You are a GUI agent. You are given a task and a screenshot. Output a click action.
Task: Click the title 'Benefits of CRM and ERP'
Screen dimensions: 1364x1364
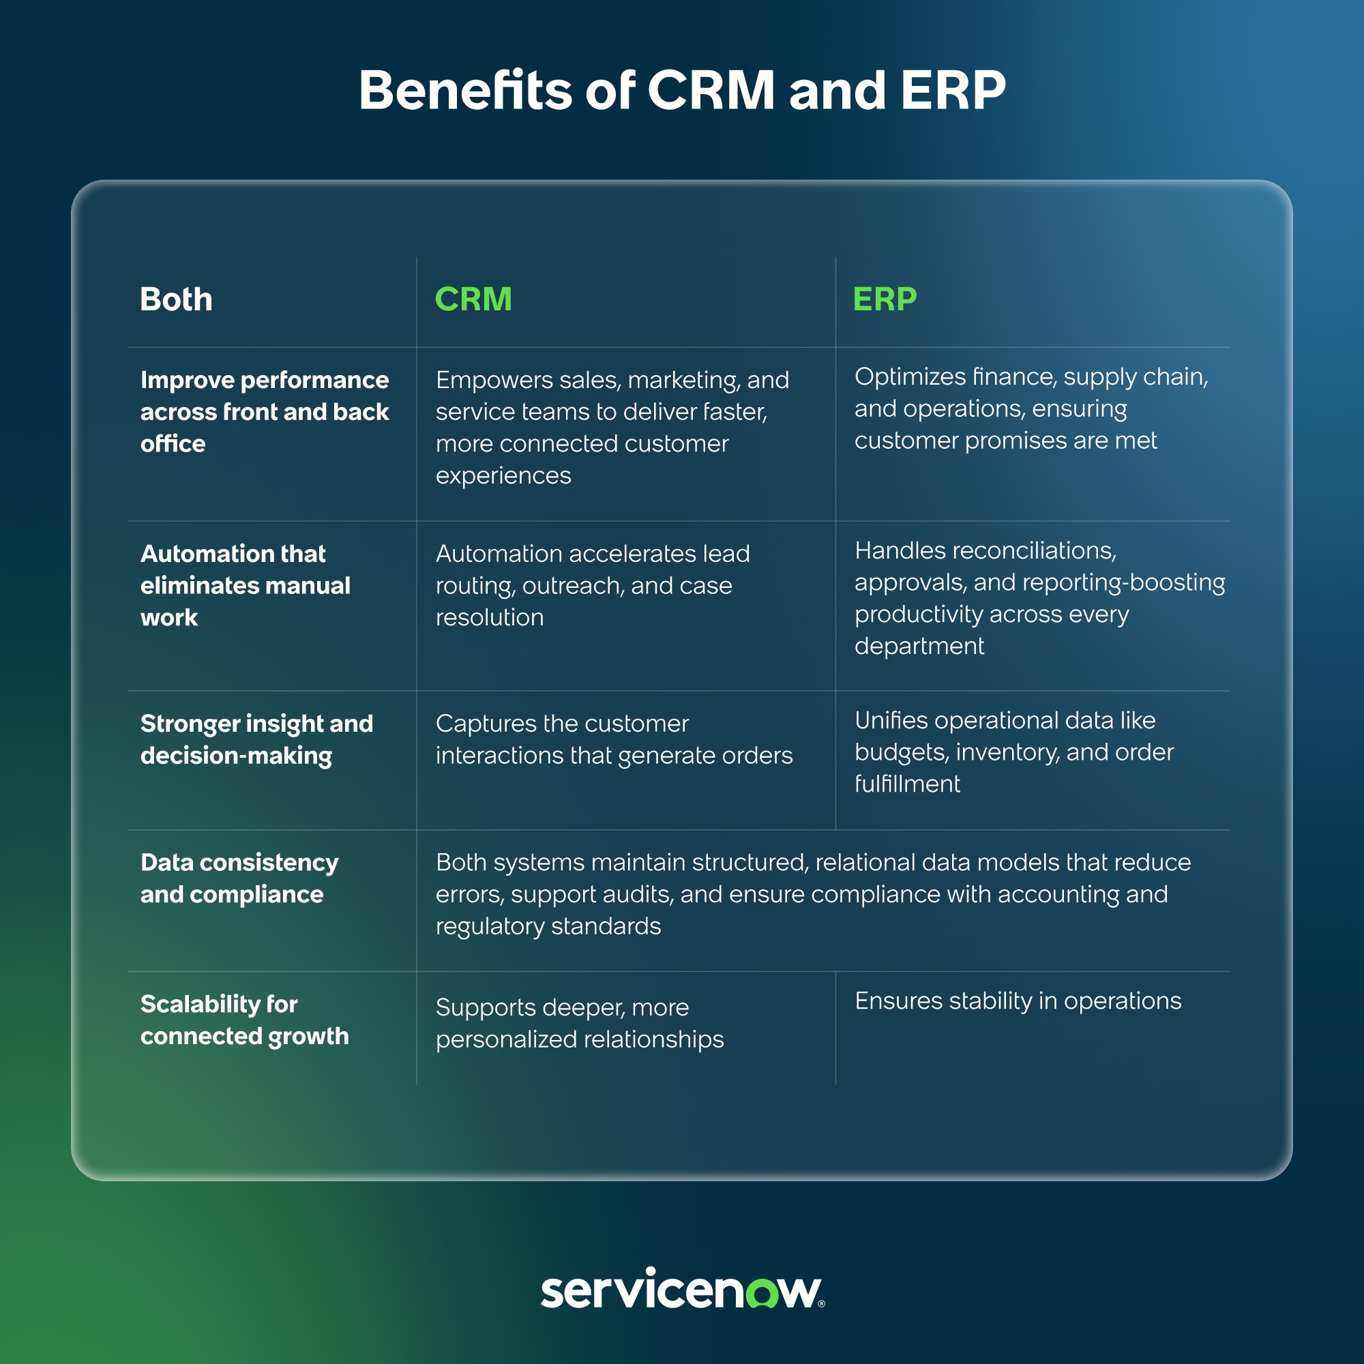(x=682, y=91)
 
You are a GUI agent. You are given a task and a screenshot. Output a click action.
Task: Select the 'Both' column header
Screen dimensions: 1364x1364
(x=176, y=299)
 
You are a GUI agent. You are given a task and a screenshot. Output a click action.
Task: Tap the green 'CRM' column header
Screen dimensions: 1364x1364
(x=473, y=299)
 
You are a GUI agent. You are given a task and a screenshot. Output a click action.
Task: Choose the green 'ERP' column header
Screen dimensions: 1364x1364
(x=885, y=299)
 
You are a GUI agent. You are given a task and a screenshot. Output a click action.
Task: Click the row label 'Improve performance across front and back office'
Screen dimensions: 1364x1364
(x=265, y=412)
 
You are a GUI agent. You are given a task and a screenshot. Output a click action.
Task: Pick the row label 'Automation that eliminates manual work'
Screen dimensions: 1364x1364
(x=245, y=585)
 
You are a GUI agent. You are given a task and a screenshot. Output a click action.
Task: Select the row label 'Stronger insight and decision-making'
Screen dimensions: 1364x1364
(x=256, y=739)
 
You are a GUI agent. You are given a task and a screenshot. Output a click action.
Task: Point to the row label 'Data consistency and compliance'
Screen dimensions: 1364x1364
(x=239, y=878)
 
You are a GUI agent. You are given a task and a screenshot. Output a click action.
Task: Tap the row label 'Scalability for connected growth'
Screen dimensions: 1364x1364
(x=244, y=1020)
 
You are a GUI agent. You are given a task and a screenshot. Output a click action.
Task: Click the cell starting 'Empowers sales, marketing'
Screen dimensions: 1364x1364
(x=612, y=427)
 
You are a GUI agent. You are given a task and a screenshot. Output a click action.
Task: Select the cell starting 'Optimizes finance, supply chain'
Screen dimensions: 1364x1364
(x=1031, y=409)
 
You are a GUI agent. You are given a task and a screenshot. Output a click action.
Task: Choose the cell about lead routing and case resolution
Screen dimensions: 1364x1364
(x=593, y=585)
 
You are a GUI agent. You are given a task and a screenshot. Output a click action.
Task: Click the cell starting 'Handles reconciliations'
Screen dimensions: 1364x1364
(x=1040, y=598)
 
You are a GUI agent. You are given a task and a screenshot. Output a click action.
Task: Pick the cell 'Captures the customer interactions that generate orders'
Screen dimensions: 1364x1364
(x=614, y=739)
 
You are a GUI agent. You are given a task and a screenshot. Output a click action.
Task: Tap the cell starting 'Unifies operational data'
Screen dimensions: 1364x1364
(x=1014, y=752)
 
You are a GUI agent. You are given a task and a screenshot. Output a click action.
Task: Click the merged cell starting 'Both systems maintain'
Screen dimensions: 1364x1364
(x=814, y=894)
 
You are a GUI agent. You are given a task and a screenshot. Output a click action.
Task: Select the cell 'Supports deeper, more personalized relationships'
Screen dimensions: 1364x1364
(x=580, y=1023)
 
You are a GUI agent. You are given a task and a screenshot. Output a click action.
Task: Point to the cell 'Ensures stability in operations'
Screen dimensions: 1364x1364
(x=1018, y=1000)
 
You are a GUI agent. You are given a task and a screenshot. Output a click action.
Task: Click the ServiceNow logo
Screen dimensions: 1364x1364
(x=683, y=1288)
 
